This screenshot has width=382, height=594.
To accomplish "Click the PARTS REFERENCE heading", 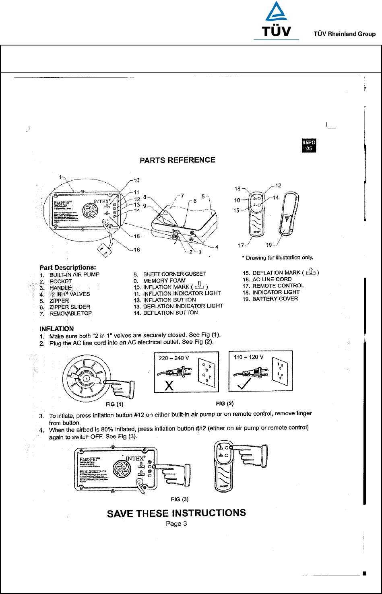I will pos(177,160).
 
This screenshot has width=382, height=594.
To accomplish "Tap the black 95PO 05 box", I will pos(309,145).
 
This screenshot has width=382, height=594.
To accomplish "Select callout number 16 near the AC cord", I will pos(137,250).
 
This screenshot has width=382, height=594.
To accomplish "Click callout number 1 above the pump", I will pos(61,177).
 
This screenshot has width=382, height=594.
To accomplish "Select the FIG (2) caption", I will pos(225,403).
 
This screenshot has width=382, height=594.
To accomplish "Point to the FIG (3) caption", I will pos(180,499).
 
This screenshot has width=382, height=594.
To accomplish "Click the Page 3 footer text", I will pos(176,524).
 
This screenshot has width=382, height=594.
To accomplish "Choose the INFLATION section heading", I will pos(56,329).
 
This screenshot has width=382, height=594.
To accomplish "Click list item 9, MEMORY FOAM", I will pos(165,280).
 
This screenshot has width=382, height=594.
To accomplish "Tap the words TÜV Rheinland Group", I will pos(345,34).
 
